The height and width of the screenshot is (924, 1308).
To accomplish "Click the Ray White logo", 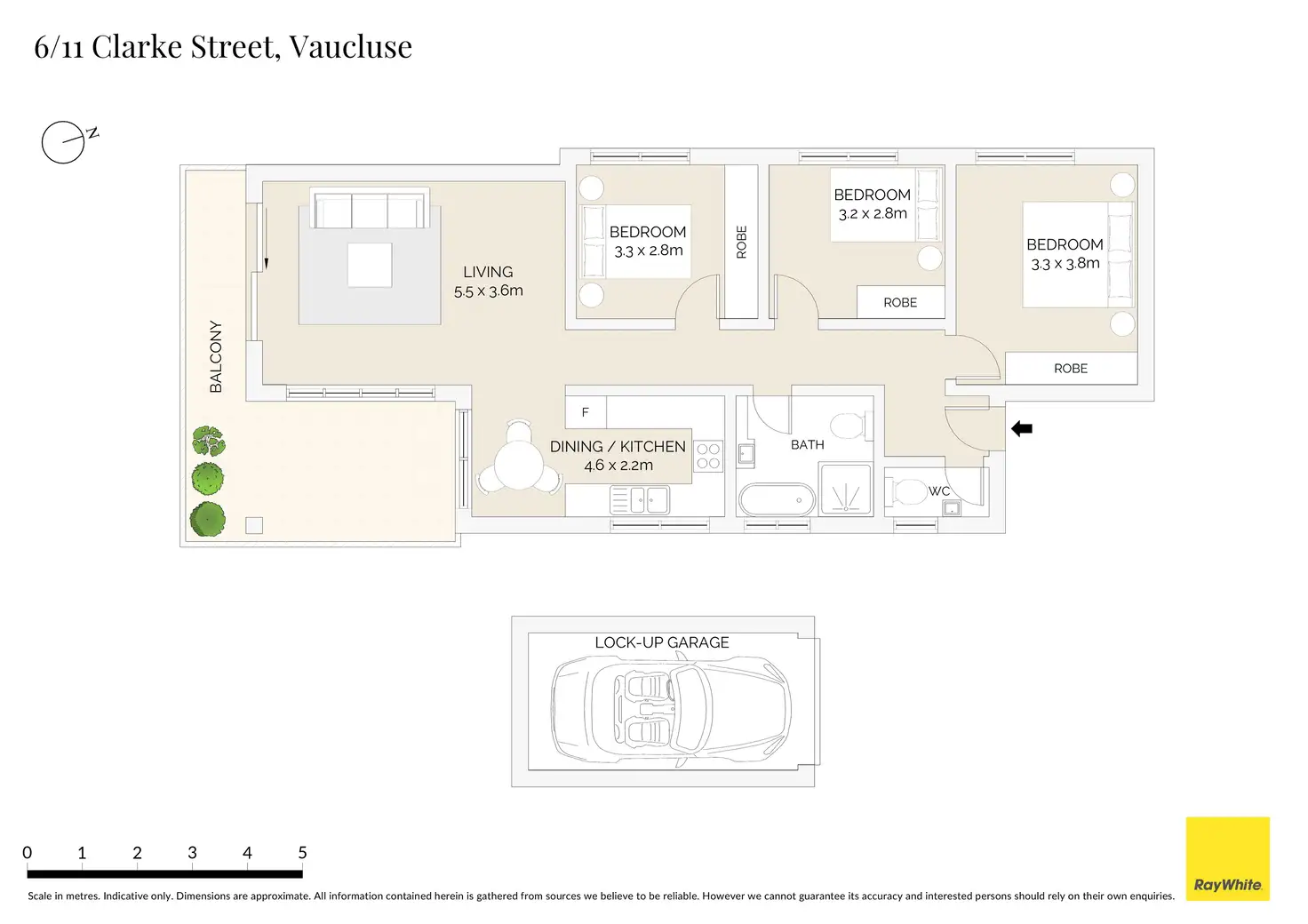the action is point(1227,858).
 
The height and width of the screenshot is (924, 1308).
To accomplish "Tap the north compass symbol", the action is point(64,142).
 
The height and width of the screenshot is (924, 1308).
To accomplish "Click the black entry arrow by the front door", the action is point(1022,429).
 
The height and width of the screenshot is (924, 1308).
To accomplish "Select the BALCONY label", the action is point(216,356).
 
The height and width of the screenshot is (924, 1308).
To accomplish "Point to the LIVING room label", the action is point(488,272).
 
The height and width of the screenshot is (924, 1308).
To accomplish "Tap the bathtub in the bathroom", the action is point(777,500).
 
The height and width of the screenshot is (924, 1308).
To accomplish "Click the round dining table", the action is point(519,464).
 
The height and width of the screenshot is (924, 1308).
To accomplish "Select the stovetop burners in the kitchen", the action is point(708,457).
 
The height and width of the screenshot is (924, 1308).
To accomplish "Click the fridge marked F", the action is point(586,412).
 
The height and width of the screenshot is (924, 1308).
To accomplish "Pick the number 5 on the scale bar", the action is point(302,853).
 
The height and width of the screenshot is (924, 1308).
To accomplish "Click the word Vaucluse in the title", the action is point(350,47).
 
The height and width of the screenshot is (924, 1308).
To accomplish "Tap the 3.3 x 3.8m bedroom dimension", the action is point(1065,264).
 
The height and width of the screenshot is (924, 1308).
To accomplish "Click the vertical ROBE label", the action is point(742,243).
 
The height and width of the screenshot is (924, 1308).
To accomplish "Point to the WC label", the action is point(939,491).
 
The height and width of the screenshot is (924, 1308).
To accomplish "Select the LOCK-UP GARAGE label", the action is point(662,642).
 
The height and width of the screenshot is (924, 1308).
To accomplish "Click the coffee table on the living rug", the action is point(370,265).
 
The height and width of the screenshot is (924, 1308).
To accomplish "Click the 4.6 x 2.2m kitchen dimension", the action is point(618,466).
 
